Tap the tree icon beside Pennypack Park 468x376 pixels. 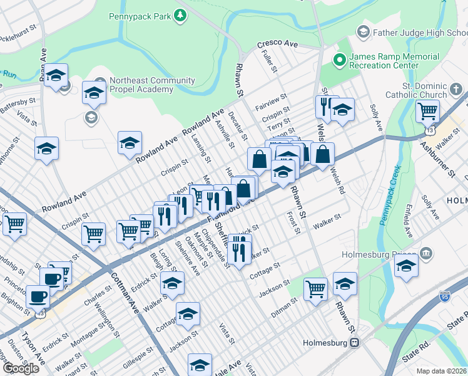(180, 15)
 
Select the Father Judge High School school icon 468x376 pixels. (363, 31)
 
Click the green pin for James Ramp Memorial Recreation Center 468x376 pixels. (340, 60)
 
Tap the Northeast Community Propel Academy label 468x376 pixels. (141, 85)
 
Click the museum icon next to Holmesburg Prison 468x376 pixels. (426, 254)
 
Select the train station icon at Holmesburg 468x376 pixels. (354, 343)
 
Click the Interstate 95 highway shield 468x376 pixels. (444, 295)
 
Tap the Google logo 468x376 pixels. (21, 368)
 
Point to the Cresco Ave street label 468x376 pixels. (277, 45)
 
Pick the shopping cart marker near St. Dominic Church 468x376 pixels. (427, 112)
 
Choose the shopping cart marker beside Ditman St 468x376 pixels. (316, 289)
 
